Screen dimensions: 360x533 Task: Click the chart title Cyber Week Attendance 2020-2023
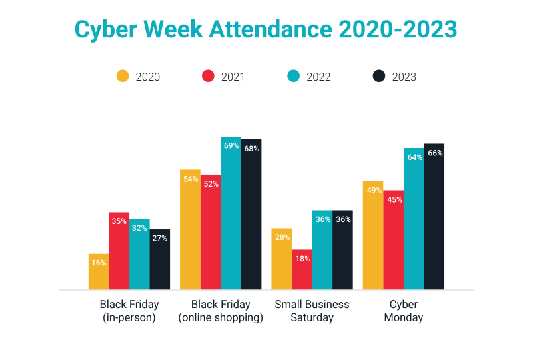(266, 30)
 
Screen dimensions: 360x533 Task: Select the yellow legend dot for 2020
(123, 76)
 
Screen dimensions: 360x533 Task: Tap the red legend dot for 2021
(209, 76)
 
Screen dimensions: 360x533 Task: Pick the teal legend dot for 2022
(294, 76)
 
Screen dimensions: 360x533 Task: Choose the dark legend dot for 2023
(379, 76)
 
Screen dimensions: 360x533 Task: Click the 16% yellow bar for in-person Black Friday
(99, 272)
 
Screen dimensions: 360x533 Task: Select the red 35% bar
(119, 251)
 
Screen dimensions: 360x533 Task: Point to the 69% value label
(231, 146)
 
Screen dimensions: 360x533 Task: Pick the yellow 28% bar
(282, 259)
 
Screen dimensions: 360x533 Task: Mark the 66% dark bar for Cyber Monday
(434, 217)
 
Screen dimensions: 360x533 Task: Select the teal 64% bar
(414, 219)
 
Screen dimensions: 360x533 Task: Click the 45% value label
(394, 199)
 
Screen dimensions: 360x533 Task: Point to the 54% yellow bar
(190, 230)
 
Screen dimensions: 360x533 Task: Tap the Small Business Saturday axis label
(312, 311)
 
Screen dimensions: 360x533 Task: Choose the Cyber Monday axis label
(404, 311)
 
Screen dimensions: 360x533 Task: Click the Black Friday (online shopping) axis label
(221, 311)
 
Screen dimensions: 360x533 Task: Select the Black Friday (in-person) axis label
(129, 311)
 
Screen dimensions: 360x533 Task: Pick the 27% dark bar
(160, 260)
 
